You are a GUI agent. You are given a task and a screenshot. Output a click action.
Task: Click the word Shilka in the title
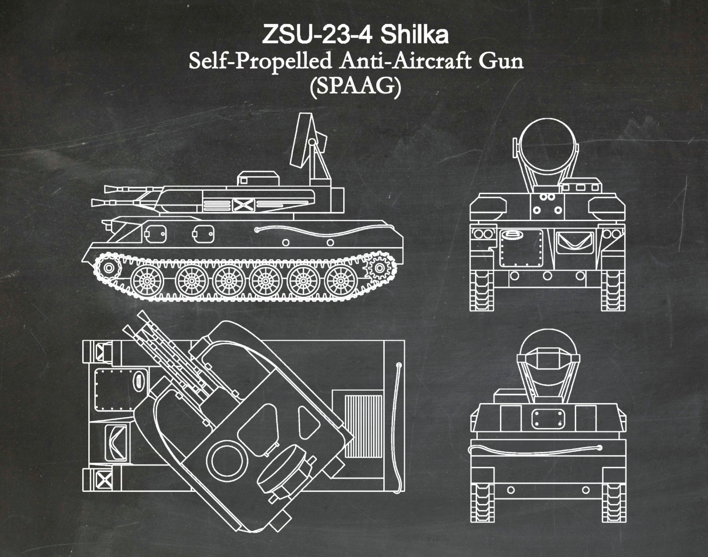pos(414,34)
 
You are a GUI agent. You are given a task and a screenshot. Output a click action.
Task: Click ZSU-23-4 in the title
pos(317,34)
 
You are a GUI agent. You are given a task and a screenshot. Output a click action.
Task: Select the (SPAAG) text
pos(355,87)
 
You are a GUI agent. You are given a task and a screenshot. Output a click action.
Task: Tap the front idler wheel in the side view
pos(109,268)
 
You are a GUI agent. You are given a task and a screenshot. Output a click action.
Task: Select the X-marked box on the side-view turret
pos(244,205)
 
